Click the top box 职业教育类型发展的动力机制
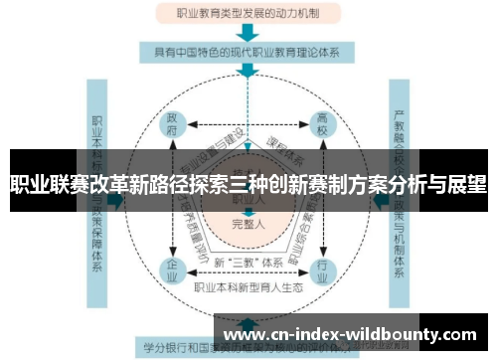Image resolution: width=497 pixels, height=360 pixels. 248,13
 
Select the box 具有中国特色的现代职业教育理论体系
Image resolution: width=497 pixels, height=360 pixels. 248,51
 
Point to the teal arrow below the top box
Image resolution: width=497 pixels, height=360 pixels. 248,31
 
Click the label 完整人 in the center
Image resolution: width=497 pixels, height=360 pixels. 248,223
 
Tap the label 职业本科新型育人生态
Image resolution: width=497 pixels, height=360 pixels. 248,286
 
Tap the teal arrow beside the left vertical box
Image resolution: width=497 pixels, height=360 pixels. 117,199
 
